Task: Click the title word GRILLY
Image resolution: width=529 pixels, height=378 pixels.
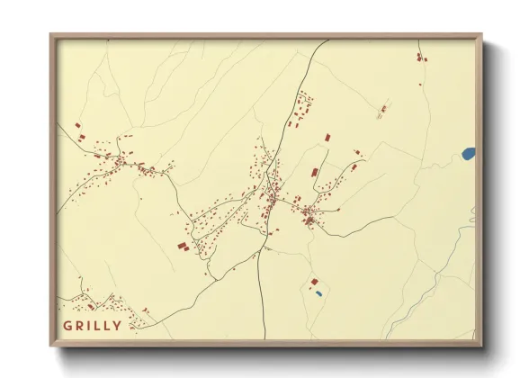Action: coord(92,325)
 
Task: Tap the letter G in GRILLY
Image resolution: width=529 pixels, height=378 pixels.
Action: coord(67,325)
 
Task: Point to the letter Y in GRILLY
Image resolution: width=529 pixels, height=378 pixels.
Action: coord(117,325)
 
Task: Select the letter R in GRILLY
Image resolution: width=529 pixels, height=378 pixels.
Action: coord(79,325)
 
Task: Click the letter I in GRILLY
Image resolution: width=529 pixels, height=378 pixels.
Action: coord(89,325)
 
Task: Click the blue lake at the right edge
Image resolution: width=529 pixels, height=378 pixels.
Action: coord(469,154)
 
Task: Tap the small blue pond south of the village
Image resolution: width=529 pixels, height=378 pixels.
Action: coord(318,292)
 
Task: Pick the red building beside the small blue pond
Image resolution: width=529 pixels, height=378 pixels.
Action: coord(314,282)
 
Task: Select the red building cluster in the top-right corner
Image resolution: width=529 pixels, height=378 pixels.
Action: coord(420,57)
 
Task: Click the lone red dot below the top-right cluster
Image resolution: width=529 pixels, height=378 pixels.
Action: coord(420,85)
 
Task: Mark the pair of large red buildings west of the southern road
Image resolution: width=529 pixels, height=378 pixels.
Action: coord(183,246)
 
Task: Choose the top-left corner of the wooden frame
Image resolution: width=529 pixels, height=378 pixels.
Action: coord(51,36)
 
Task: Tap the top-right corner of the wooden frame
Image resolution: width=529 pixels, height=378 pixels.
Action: coord(480,36)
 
